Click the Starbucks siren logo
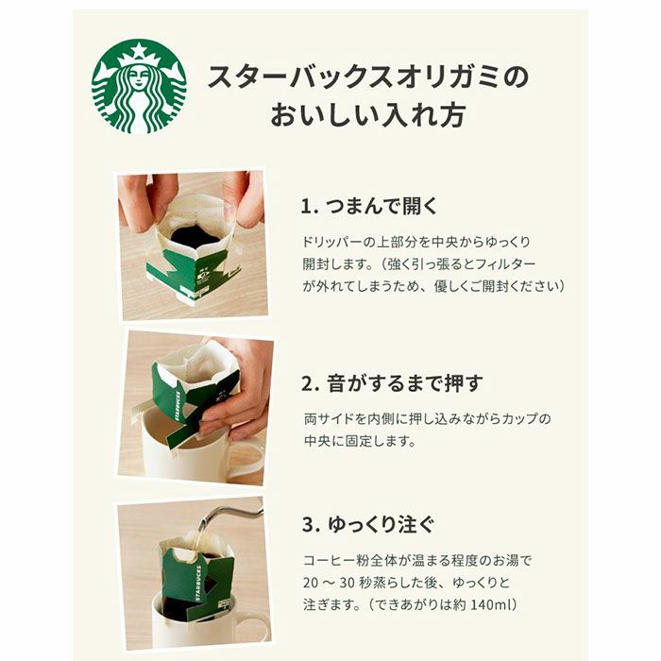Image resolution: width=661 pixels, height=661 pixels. pos(139,86)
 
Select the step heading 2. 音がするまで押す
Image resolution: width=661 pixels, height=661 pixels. pos(392,383)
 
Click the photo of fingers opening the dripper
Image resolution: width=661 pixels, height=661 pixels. pos(193,246)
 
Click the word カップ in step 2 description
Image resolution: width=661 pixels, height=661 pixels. pos(514,417)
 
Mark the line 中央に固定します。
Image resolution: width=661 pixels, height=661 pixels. pos(360,440)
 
